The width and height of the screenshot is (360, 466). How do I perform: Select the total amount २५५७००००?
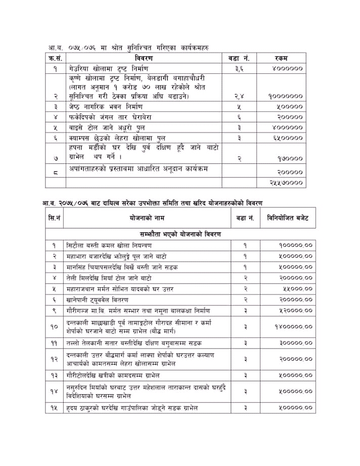pos(286,182)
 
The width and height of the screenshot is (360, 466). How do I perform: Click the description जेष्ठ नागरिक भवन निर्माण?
pos(107,107)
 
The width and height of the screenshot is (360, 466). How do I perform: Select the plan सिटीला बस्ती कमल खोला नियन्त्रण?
pos(107,245)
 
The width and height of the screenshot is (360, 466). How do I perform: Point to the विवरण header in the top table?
pos(146,58)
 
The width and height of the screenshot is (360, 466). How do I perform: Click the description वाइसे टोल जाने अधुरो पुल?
pos(105,128)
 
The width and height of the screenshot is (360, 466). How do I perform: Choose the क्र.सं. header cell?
pos(55,58)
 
